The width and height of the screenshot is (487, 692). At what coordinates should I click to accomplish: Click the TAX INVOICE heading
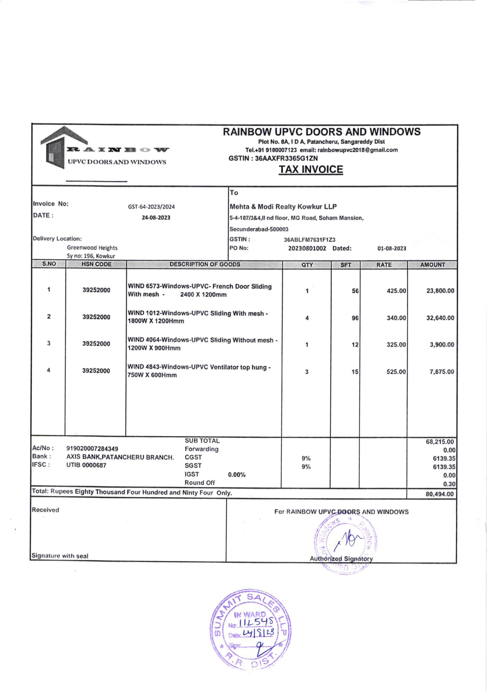click(x=310, y=169)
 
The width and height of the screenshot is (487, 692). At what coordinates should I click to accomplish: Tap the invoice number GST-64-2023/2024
click(x=151, y=207)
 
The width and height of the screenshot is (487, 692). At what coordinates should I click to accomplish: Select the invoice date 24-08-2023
click(x=156, y=218)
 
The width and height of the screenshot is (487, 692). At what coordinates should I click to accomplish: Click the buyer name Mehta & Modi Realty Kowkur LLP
click(x=283, y=207)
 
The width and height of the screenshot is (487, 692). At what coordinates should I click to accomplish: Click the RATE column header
click(x=384, y=265)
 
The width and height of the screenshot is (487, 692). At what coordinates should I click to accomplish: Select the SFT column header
click(x=345, y=265)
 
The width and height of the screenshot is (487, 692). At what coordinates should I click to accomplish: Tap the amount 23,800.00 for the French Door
click(x=440, y=291)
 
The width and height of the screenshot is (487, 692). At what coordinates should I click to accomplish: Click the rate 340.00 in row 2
click(x=396, y=318)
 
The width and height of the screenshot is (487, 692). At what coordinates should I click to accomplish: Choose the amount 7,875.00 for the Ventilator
click(x=441, y=372)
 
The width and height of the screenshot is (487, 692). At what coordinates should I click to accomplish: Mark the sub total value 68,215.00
click(x=440, y=442)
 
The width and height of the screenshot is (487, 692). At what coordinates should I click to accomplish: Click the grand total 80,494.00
click(x=440, y=494)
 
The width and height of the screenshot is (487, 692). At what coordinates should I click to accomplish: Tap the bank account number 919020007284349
click(x=92, y=449)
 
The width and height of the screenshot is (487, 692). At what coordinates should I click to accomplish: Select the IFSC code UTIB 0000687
click(x=86, y=465)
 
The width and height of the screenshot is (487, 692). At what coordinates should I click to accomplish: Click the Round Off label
click(x=200, y=483)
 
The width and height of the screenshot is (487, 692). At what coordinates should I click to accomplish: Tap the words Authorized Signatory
click(x=341, y=559)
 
